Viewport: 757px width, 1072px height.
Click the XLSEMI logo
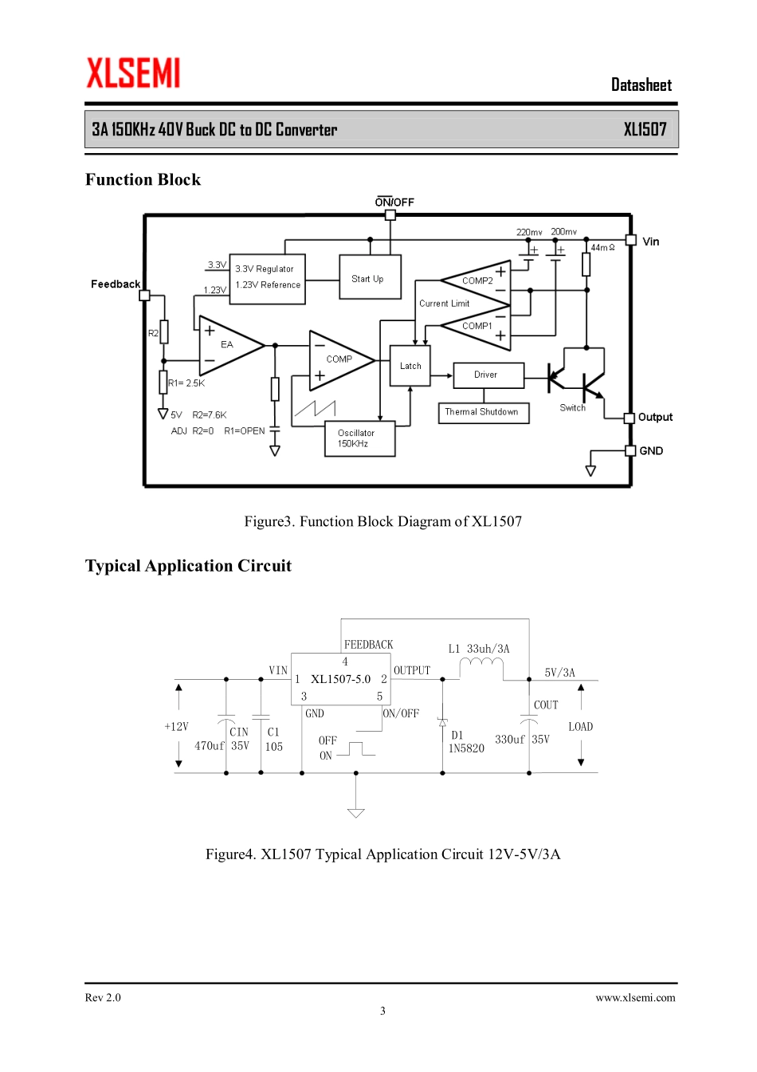tap(133, 73)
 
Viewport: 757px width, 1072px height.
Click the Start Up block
tap(370, 277)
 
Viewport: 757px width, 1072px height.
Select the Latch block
tap(410, 366)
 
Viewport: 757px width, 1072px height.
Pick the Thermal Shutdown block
tap(483, 412)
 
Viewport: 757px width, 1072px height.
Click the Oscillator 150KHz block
tap(359, 438)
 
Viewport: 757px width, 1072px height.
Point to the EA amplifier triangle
tap(227, 345)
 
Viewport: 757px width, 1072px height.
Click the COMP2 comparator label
tap(477, 281)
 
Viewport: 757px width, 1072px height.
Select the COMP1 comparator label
tap(477, 326)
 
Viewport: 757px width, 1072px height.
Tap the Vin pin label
tap(651, 241)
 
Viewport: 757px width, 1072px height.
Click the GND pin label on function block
tap(651, 451)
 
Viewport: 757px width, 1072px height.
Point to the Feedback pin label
tap(115, 284)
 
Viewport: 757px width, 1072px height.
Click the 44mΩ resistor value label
tap(602, 248)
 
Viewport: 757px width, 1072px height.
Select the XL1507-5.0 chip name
tap(340, 679)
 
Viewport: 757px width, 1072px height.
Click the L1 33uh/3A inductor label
tap(478, 649)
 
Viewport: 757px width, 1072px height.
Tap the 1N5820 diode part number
tap(466, 748)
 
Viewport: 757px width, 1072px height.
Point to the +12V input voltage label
tap(176, 727)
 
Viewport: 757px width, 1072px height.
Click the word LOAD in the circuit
tap(580, 727)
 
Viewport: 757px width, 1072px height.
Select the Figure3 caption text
tap(382, 521)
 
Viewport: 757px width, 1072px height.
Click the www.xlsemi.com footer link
tap(635, 997)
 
